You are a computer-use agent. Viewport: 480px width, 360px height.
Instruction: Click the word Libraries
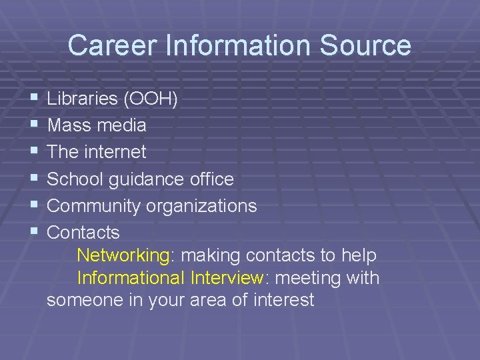coord(83,99)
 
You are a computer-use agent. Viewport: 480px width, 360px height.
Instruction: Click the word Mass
coord(69,125)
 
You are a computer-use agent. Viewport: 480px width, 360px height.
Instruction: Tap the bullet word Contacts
coord(83,233)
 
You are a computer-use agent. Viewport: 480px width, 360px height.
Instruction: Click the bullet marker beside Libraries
coord(33,99)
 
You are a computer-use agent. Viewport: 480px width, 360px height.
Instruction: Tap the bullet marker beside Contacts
coord(33,233)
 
